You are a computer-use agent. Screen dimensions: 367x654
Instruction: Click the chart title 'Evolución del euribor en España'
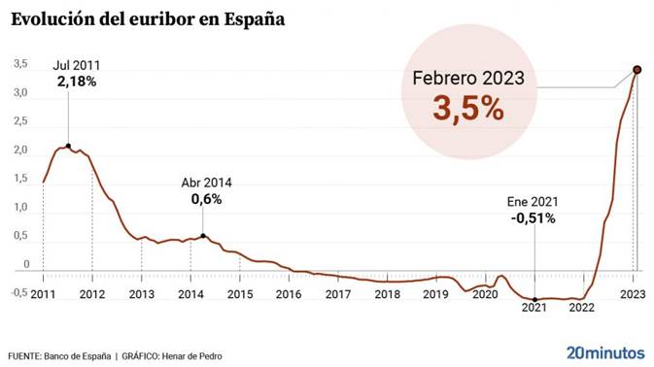(147, 19)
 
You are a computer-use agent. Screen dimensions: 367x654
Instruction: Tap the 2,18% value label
(77, 83)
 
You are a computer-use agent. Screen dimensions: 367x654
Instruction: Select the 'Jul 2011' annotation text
(77, 66)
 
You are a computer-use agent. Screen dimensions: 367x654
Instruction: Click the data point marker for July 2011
(68, 146)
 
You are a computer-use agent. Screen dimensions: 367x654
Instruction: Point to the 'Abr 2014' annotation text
(207, 183)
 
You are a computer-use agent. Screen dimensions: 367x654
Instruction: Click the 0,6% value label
(207, 199)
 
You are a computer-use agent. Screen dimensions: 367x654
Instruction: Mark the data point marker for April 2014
(202, 236)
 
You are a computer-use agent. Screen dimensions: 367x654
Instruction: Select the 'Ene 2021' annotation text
(532, 201)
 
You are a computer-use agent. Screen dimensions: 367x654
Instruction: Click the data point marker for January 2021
(534, 299)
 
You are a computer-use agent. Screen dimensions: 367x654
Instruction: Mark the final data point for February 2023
(637, 69)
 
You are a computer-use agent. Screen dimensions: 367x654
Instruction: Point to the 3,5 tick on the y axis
(20, 65)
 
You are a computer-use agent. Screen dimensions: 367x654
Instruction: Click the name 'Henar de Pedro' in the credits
(194, 356)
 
